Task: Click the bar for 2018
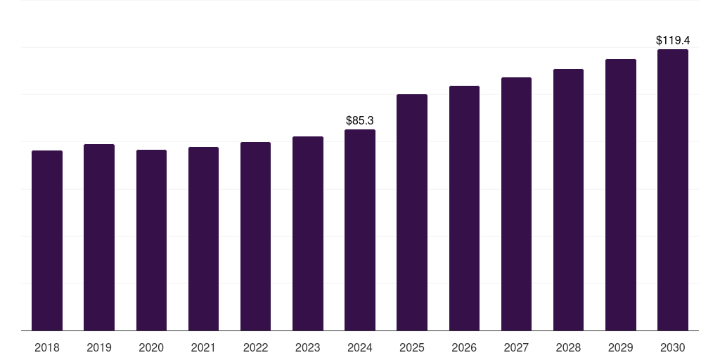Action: (47, 240)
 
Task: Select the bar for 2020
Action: (151, 240)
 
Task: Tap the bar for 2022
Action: (255, 236)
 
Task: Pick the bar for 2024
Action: (360, 230)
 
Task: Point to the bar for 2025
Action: (412, 212)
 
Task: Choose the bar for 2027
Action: (516, 204)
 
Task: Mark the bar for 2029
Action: (621, 195)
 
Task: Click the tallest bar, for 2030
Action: (673, 190)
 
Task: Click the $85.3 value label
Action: (360, 121)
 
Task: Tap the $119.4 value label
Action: (673, 41)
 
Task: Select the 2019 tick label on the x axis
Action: (99, 347)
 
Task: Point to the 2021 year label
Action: (203, 347)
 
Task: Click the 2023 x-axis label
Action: (308, 347)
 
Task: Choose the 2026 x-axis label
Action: (464, 347)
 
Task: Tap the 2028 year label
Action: (568, 347)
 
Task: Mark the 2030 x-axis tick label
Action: (673, 347)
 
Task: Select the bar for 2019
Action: (99, 238)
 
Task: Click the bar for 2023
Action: (308, 233)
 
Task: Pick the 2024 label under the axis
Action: (360, 347)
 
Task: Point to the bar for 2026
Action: (464, 208)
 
